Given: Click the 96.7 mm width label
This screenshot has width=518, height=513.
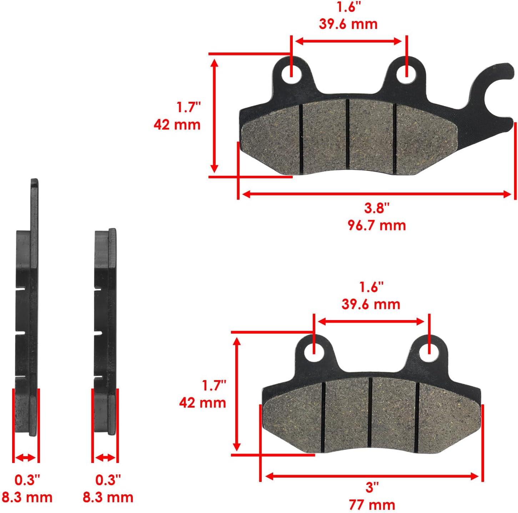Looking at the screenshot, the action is tap(377, 225).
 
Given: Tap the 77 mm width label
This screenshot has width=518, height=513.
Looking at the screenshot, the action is tap(372, 505).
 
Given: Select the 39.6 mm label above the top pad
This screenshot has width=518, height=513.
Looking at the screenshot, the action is tap(348, 24).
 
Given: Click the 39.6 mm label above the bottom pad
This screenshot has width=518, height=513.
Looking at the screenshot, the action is tap(371, 304).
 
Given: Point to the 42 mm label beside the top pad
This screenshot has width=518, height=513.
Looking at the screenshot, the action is tap(177, 125).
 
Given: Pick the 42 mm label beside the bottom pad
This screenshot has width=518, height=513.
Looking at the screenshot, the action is tap(202, 403).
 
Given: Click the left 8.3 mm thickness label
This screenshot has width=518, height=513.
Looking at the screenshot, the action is tap(27, 497).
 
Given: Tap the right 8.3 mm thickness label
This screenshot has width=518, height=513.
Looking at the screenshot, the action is tap(108, 497).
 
